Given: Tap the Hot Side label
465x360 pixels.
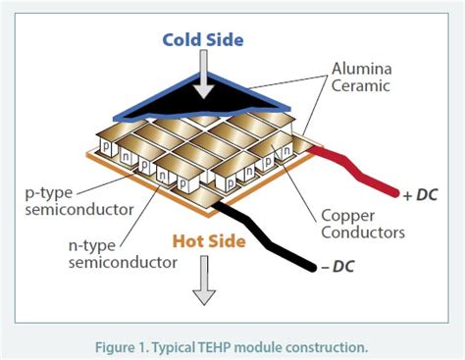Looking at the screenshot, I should point(209,238).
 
